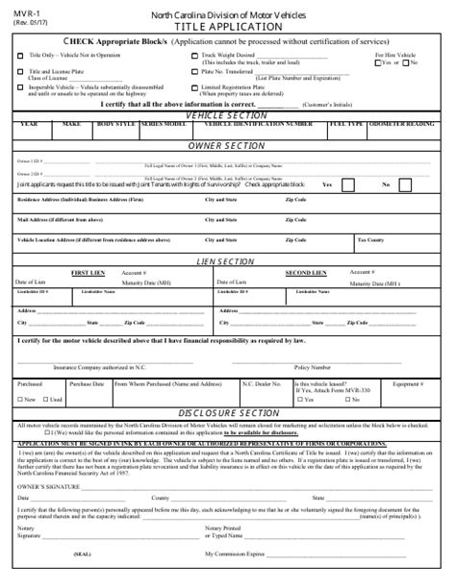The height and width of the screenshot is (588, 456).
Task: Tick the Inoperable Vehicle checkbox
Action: [x=20, y=85]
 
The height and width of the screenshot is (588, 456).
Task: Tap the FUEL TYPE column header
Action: [x=347, y=124]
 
